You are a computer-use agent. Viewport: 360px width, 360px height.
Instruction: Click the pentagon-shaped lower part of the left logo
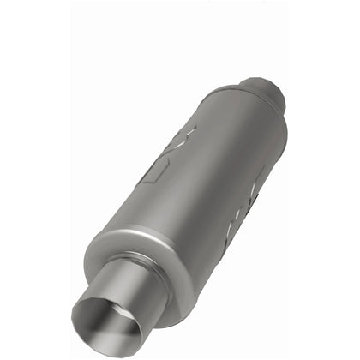(155, 171)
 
